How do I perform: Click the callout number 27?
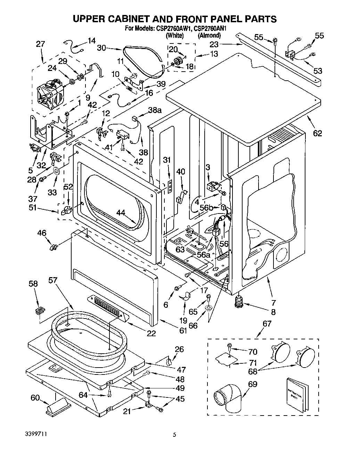pyautogui.click(x=40, y=44)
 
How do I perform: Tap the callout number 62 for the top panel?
pyautogui.click(x=317, y=133)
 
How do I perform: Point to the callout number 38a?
pyautogui.click(x=155, y=110)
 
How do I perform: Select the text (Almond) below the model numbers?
pyautogui.click(x=209, y=35)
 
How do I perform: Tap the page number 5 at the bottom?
pyautogui.click(x=175, y=435)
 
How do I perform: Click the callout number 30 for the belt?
pyautogui.click(x=101, y=48)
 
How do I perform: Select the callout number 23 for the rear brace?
pyautogui.click(x=214, y=44)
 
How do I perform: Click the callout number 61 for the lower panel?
pyautogui.click(x=183, y=330)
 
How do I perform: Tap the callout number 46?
pyautogui.click(x=42, y=233)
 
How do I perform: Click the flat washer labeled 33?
pyautogui.click(x=56, y=171)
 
